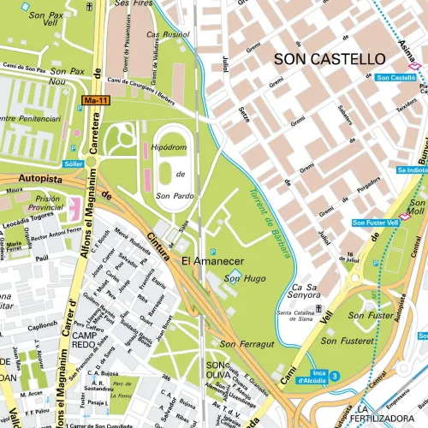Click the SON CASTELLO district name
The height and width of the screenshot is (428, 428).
(330, 59)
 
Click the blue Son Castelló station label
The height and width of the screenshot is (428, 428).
(395, 78)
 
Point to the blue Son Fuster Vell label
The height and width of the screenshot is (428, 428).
(375, 223)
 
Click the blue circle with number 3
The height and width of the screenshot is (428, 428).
(335, 375)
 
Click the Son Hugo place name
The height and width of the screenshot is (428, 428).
(241, 278)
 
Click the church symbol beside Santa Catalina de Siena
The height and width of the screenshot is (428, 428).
(318, 307)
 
